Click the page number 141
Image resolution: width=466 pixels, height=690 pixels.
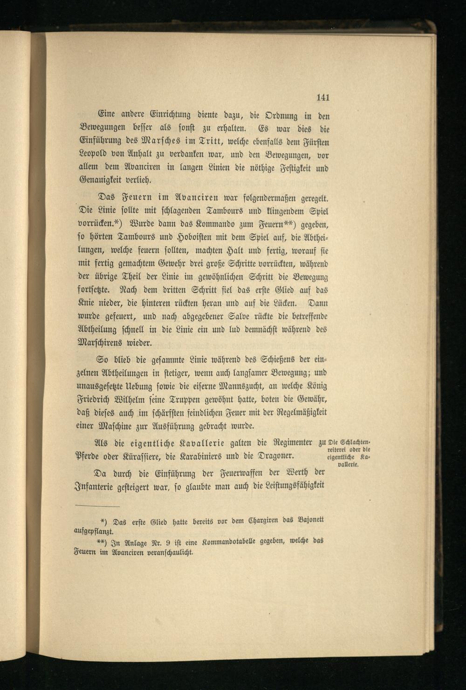click(x=322, y=97)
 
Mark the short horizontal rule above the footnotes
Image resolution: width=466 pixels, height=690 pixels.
click(x=97, y=506)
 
